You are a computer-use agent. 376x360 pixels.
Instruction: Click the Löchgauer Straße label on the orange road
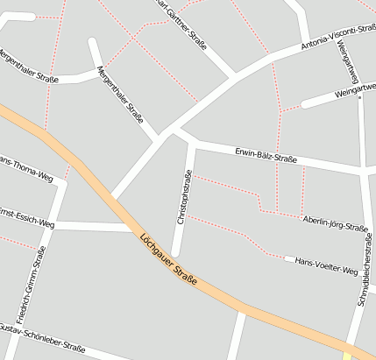pyautogui.click(x=168, y=262)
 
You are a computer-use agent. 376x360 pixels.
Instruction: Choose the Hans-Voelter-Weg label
pyautogui.click(x=327, y=266)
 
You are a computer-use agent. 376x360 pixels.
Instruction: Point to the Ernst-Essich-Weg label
pyautogui.click(x=26, y=218)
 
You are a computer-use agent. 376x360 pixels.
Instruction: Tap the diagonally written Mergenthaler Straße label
pyautogui.click(x=120, y=95)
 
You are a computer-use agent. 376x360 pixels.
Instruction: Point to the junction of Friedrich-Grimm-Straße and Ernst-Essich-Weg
pyautogui.click(x=51, y=223)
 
